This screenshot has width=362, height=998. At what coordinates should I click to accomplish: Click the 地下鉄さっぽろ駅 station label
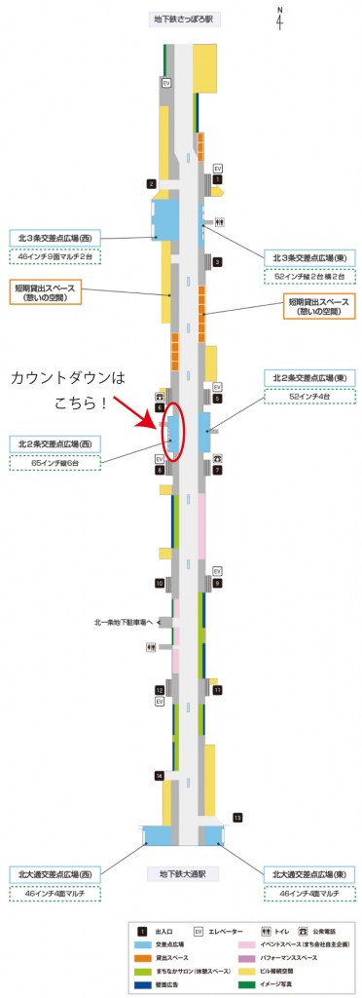182,19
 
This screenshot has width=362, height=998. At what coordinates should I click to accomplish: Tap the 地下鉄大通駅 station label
182,875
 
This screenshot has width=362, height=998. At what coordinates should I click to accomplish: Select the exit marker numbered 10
159,583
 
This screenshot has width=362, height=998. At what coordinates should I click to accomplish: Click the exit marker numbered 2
152,183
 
